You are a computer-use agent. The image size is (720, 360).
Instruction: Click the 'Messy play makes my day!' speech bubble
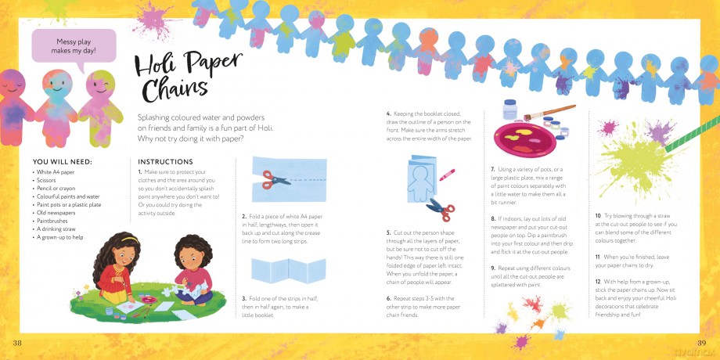pos(74,46)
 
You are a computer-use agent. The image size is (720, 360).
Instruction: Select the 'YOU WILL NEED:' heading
pos(63,162)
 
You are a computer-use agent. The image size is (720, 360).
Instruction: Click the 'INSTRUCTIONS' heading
pos(165,162)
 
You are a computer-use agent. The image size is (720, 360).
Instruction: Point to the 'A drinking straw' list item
pos(56,229)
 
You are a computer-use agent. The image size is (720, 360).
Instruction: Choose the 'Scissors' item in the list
pos(46,181)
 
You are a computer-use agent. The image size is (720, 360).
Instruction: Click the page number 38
pos(17,343)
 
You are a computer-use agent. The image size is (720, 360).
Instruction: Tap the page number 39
pos(701,343)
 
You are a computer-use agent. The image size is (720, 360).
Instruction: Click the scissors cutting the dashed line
pos(275,179)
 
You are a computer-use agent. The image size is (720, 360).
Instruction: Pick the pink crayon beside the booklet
pos(447,175)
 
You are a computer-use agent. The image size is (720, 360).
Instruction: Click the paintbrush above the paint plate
pos(549,113)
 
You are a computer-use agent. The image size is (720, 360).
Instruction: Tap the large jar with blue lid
pos(509,110)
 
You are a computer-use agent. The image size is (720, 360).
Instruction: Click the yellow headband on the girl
pos(129,239)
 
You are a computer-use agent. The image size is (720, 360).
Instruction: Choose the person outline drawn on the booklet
pos(419,182)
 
